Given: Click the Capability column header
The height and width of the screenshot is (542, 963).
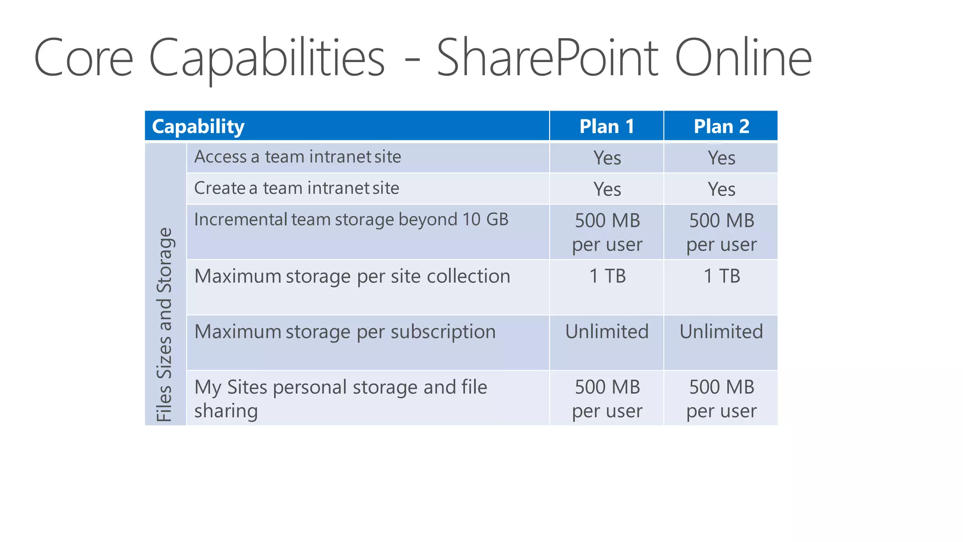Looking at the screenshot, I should pyautogui.click(x=198, y=127).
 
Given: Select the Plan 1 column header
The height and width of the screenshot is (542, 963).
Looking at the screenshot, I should pyautogui.click(x=607, y=127).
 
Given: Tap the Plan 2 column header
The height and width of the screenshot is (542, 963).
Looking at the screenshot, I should pyautogui.click(x=721, y=127).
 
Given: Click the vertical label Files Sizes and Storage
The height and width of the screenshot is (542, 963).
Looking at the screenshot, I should pyautogui.click(x=165, y=325).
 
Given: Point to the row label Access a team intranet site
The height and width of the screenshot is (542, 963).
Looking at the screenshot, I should pyautogui.click(x=298, y=157).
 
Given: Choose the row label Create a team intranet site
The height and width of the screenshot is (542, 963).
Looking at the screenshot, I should pyautogui.click(x=297, y=188).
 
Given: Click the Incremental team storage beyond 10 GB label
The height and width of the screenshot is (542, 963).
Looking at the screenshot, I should pyautogui.click(x=351, y=220).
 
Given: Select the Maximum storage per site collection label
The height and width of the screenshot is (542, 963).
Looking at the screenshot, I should pyautogui.click(x=352, y=276).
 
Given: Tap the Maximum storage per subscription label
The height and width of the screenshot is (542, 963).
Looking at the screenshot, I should pyautogui.click(x=345, y=332).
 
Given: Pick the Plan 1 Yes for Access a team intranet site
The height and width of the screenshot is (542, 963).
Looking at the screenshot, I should pyautogui.click(x=607, y=158).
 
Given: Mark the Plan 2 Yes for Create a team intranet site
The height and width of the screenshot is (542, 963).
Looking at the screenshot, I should pyautogui.click(x=721, y=189).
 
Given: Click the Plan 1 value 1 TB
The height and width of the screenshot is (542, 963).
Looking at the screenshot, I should pyautogui.click(x=607, y=276).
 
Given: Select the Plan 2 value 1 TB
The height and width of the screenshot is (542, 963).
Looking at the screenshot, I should pyautogui.click(x=721, y=276).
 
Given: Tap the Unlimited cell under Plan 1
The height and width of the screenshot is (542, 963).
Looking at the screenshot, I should pyautogui.click(x=607, y=332).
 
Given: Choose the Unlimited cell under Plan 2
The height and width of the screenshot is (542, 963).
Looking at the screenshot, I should pyautogui.click(x=721, y=332).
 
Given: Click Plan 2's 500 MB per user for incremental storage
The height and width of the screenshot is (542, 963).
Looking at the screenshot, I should pyautogui.click(x=721, y=232).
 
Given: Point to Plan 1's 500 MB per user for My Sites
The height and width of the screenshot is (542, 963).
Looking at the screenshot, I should pyautogui.click(x=607, y=399).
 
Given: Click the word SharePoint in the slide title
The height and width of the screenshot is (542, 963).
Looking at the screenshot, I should pyautogui.click(x=547, y=58).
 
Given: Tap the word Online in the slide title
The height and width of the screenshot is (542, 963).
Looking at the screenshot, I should pyautogui.click(x=743, y=58).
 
